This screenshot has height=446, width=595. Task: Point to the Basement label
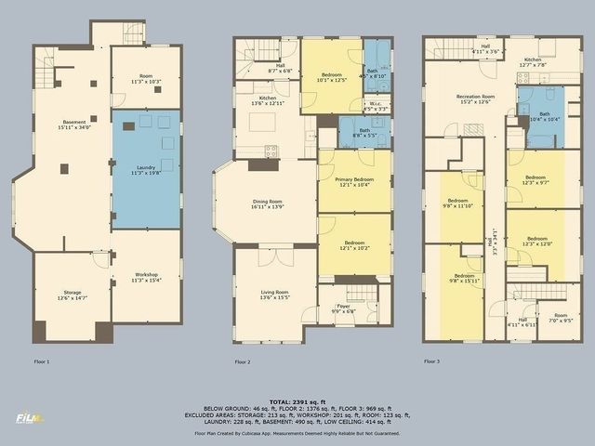74,125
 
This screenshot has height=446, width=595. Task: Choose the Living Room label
273,295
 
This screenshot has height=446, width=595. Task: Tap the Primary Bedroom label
354,182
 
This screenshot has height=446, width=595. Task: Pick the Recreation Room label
474,98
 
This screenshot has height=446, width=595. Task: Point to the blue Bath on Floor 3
544,116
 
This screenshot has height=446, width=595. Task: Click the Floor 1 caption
41,361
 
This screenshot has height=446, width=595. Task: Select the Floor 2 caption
243,361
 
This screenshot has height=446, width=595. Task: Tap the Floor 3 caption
431,361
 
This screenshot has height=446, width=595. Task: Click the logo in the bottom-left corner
29,419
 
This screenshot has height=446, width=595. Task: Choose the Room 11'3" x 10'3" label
145,79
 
